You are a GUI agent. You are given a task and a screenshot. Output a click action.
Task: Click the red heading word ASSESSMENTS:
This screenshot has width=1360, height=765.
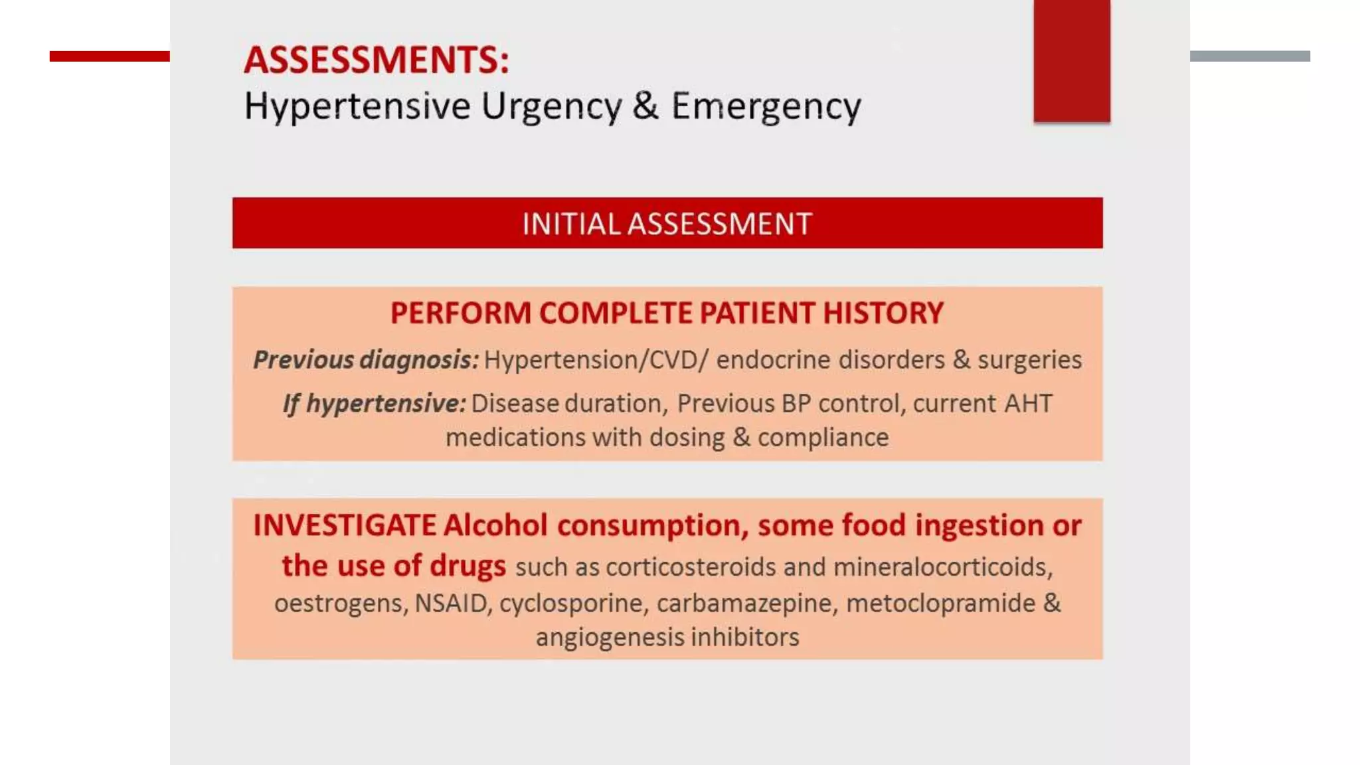tap(376, 60)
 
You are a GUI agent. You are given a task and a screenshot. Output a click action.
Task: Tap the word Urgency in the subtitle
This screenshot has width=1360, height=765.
tap(551, 106)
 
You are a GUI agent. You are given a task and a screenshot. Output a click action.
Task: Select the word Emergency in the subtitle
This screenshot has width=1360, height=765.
tap(766, 106)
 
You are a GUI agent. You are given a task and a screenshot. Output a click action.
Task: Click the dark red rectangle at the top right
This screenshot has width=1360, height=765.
tap(1071, 61)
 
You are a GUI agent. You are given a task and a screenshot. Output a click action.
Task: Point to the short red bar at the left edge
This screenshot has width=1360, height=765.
tap(110, 56)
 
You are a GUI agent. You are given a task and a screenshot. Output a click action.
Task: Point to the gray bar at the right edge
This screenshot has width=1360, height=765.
tap(1249, 56)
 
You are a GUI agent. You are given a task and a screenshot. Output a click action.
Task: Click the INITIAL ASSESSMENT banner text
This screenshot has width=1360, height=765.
tap(667, 224)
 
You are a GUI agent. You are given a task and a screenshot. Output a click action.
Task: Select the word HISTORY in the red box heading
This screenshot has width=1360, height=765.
tap(883, 313)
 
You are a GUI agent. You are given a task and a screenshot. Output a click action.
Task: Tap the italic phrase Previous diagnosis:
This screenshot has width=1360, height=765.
tap(365, 360)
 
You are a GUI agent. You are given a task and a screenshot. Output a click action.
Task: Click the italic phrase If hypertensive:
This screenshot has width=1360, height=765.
tap(374, 404)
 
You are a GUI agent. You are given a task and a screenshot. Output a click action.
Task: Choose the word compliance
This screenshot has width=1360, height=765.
tap(823, 438)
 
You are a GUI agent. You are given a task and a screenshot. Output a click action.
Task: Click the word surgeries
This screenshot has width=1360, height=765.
tap(1029, 360)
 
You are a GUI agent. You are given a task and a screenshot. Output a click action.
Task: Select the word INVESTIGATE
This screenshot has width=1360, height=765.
tap(344, 525)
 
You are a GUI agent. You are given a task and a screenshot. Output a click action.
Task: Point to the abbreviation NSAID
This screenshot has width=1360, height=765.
tap(451, 604)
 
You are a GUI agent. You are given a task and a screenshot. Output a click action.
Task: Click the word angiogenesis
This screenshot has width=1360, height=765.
tap(609, 637)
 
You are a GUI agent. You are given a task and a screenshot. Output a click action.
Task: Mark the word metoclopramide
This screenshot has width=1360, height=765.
tap(940, 604)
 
